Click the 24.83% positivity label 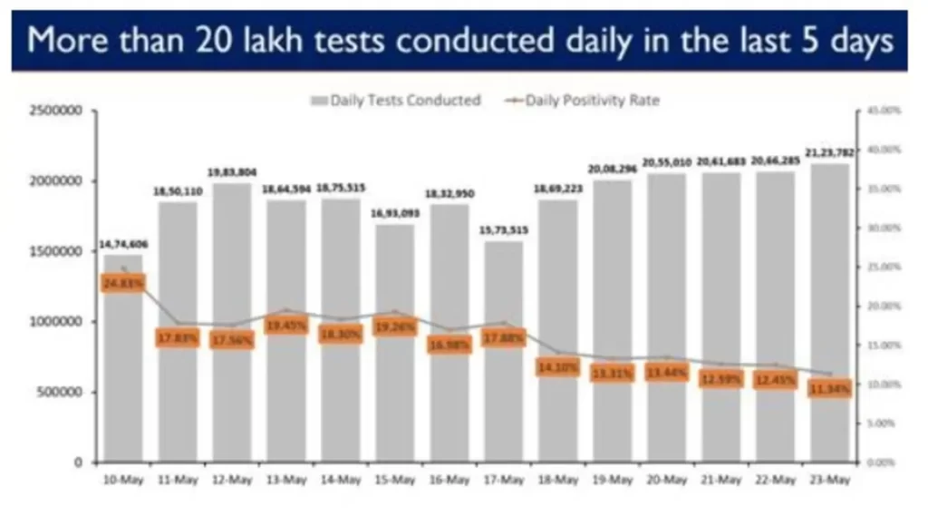122,283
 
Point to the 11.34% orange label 829,388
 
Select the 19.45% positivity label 285,325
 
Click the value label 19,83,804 231,172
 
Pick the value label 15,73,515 503,229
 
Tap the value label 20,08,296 612,169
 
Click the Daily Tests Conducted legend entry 396,101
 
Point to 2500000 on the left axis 56,111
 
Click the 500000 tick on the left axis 60,392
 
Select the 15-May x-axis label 394,481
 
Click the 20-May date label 666,481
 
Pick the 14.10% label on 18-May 557,367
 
